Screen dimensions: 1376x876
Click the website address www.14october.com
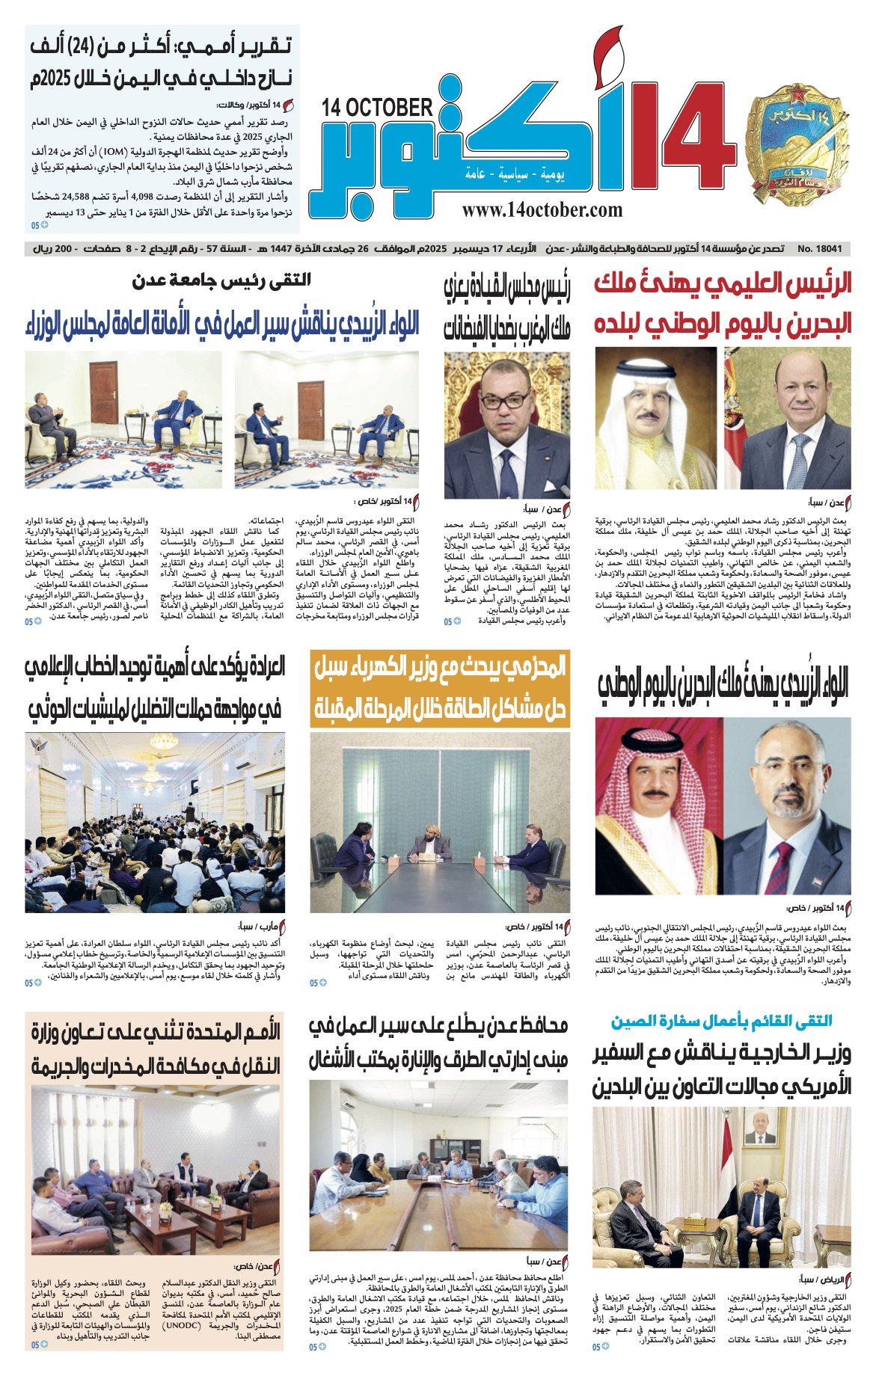(x=542, y=210)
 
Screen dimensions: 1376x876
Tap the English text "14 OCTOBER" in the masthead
(x=377, y=108)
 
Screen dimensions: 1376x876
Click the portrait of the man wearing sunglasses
(x=506, y=425)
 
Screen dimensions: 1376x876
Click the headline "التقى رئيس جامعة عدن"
(x=221, y=281)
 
